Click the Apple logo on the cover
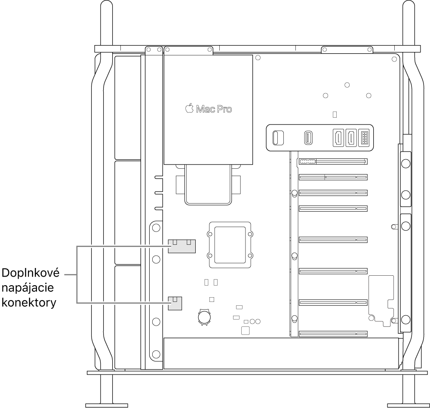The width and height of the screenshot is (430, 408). tap(189, 108)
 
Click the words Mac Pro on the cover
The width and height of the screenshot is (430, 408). tap(214, 109)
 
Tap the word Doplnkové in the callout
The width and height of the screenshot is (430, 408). tap(30, 273)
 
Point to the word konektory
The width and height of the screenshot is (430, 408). tap(29, 302)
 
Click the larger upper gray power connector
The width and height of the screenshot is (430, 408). tap(181, 246)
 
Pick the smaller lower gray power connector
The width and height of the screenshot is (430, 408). tap(175, 303)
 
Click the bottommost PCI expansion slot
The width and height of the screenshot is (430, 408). tap(333, 333)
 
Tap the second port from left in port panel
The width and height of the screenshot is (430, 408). tap(308, 137)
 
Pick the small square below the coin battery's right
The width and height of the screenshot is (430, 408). tap(245, 330)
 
